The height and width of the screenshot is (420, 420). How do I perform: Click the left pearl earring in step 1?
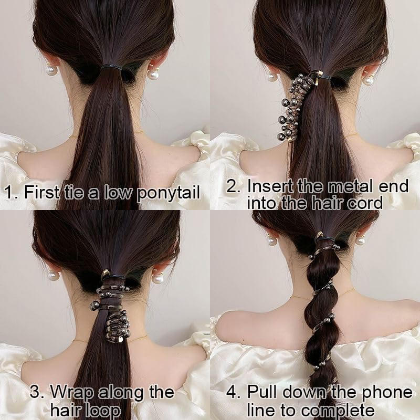(x=51, y=69)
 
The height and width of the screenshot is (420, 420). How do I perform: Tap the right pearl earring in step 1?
(x=153, y=74)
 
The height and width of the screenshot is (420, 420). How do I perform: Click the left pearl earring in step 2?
(x=272, y=77)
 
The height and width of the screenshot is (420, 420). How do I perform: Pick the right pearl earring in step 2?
(x=368, y=80)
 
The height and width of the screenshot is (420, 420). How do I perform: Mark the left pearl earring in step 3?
(x=54, y=275)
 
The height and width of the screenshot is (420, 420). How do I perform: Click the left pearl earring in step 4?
(x=272, y=240)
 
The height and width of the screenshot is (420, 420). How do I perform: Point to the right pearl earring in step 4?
(x=360, y=240)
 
